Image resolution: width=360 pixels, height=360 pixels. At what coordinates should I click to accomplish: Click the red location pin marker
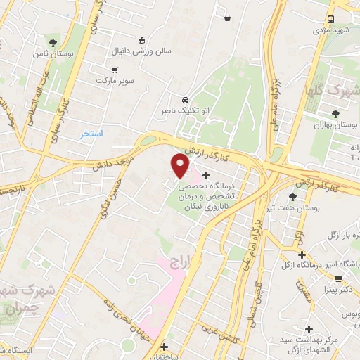[x=181, y=166]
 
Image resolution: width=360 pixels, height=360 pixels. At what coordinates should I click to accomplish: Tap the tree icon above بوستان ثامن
[x=53, y=44]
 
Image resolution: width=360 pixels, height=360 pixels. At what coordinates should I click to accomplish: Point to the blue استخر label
[x=92, y=133]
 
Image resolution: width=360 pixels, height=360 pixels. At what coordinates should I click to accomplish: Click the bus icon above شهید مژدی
[x=332, y=21]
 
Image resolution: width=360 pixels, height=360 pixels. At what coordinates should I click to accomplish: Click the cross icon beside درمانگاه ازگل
[x=302, y=254]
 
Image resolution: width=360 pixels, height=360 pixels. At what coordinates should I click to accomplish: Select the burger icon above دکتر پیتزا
[x=338, y=278]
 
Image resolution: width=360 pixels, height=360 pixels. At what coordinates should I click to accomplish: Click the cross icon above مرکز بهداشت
[x=309, y=328]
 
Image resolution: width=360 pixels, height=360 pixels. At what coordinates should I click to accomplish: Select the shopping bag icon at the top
[x=229, y=18]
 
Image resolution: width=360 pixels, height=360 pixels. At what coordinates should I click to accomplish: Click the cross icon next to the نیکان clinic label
[x=206, y=175]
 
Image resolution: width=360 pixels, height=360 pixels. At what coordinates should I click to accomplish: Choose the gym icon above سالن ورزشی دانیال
[x=143, y=40]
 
